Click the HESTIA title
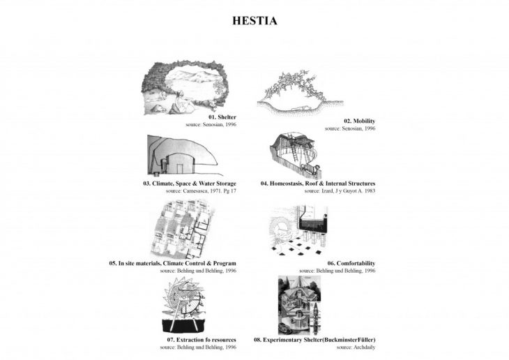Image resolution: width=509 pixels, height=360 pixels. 254,21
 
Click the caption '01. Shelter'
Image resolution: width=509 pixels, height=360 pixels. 222,117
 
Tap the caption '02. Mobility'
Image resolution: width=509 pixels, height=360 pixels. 359,121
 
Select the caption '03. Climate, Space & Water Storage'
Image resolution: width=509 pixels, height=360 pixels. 190,183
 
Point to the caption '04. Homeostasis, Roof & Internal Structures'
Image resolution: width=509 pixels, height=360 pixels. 318,183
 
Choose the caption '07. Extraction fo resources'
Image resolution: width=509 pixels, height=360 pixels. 202,340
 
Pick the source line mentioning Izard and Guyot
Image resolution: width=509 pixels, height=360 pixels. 340,191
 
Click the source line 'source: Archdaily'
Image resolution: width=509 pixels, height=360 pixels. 356,347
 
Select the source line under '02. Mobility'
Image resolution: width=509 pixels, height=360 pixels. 350,128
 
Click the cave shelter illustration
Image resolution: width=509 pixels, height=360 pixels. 184,87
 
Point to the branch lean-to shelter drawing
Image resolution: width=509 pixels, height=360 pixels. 300,91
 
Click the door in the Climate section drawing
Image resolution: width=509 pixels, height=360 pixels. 179,169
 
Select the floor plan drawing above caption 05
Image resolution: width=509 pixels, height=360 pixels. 183,229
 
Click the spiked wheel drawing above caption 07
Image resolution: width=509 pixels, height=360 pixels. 184,305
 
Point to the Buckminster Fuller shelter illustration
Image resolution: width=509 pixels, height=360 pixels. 299,305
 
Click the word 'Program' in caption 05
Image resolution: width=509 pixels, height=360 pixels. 225,264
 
